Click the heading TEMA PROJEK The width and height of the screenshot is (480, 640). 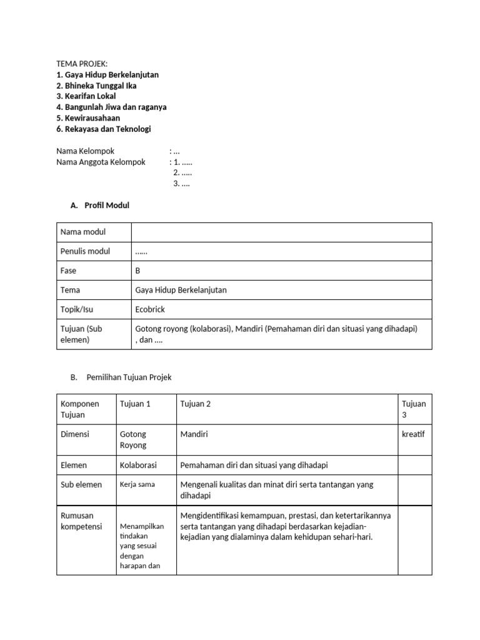coord(82,64)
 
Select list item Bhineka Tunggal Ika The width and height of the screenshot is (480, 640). coord(96,86)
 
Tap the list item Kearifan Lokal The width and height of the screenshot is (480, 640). coord(86,96)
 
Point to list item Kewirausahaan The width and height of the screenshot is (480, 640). coord(88,118)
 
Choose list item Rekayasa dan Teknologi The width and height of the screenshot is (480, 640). coord(103,129)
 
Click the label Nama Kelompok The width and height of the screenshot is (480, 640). coord(86,151)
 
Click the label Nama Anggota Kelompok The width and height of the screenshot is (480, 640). coord(101,162)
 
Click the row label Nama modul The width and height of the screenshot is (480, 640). coord(83,232)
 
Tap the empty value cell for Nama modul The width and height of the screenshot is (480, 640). coord(281,232)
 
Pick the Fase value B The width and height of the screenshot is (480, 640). coord(138,271)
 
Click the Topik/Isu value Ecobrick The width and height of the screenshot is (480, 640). coord(151,309)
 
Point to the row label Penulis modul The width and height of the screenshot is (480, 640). coord(85,251)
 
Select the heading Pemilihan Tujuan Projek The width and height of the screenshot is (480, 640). coord(129,377)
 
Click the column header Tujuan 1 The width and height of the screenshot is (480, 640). coord(135,404)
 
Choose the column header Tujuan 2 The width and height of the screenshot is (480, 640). coord(196,404)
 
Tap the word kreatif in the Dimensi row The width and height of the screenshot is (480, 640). coord(413,434)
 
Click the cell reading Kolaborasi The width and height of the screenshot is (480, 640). coord(138,465)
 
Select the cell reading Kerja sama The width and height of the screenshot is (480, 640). coord(137,484)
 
